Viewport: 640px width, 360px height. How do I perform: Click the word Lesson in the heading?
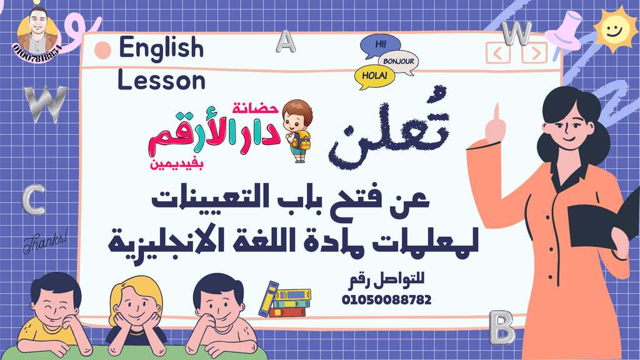coord(161,80)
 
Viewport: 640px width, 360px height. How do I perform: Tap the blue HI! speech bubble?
coord(380,45)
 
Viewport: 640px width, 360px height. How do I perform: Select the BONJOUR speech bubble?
coord(398,62)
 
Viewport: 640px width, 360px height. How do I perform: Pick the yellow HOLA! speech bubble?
coord(374,76)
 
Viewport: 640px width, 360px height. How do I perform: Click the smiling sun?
coord(614,30)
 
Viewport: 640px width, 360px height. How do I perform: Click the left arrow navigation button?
coord(498,54)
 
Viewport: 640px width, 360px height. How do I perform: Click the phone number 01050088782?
coord(386,300)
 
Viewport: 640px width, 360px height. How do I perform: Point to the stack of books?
coord(285,299)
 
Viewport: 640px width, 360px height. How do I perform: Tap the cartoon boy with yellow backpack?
coord(297,131)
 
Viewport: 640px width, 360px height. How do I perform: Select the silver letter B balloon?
coord(502,327)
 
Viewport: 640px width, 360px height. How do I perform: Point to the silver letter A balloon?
coord(285,42)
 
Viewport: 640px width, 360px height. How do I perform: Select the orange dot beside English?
coord(102,50)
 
